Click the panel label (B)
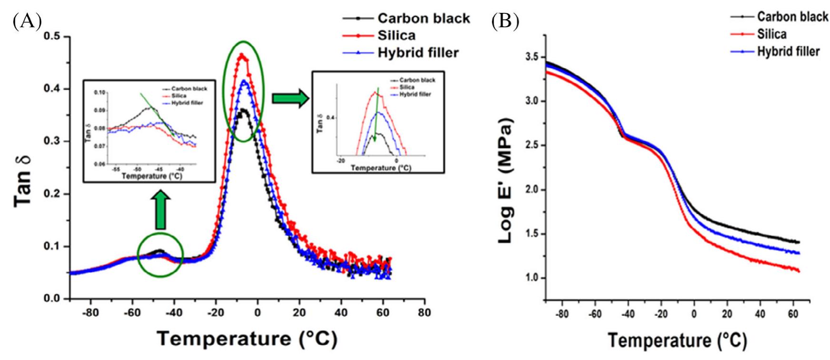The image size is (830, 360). [505, 21]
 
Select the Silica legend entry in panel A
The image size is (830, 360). [396, 35]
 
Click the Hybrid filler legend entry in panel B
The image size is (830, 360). [788, 51]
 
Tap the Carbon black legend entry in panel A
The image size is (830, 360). [423, 18]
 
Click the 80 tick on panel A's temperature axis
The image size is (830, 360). [424, 313]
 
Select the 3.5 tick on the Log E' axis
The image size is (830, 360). [531, 57]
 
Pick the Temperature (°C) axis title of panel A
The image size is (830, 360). [247, 339]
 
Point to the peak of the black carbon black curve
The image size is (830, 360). [243, 110]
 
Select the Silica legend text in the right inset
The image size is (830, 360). [407, 87]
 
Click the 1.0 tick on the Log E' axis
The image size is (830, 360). [531, 278]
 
